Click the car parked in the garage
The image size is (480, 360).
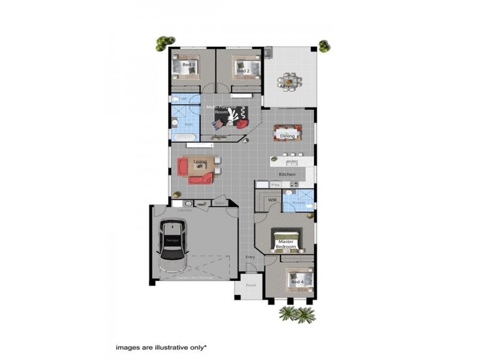tap(172, 244)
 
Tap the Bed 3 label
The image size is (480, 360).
tap(188, 64)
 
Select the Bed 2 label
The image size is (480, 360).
tap(242, 71)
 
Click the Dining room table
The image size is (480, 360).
tap(287, 133)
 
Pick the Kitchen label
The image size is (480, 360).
tap(287, 175)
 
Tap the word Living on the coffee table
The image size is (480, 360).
tap(200, 161)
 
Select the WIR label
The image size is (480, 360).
tap(272, 199)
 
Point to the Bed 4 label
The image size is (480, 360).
tap(297, 281)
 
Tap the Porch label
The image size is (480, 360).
tap(251, 285)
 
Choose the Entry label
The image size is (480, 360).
tap(250, 257)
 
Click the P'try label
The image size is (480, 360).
tap(277, 185)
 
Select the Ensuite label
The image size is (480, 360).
tap(298, 202)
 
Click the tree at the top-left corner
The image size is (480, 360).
tap(161, 43)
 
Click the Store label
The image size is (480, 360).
tap(219, 203)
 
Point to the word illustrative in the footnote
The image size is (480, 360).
tap(169, 347)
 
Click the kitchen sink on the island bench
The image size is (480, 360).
tap(292, 163)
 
